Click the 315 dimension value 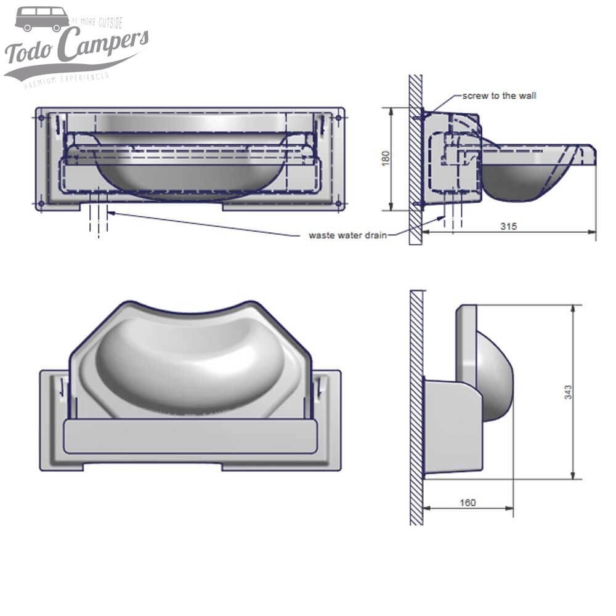coord(508,226)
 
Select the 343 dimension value coord(568,392)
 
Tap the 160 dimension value coord(468,503)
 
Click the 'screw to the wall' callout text coord(500,96)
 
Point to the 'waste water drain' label coord(347,235)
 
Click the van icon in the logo coord(42,19)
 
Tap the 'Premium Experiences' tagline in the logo coord(66,79)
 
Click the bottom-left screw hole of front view coord(41,203)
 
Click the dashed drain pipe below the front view coord(99,219)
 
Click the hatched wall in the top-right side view coord(416,160)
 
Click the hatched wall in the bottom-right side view coord(417,407)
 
